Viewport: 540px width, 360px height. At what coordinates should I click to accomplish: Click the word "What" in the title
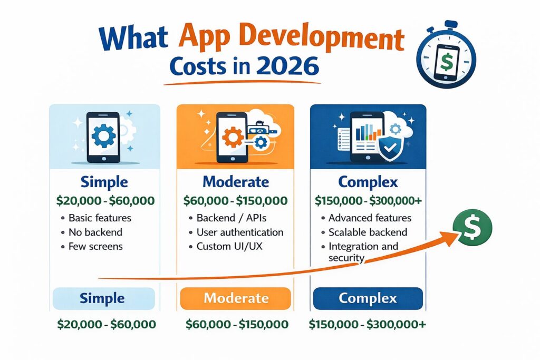(x=133, y=39)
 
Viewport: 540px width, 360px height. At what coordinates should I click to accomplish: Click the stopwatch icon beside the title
(x=446, y=54)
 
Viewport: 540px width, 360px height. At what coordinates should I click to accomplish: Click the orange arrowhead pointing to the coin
(x=450, y=238)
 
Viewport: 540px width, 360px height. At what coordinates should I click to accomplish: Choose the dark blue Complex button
(x=368, y=298)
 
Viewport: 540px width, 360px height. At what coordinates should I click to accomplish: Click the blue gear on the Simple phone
(x=104, y=136)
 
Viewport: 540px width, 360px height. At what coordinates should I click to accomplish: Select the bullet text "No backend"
(x=95, y=232)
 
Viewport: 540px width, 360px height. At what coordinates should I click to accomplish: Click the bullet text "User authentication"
(x=240, y=232)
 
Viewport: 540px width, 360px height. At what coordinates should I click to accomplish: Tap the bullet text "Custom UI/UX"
(x=229, y=247)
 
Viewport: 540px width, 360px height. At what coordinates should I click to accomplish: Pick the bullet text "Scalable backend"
(x=368, y=232)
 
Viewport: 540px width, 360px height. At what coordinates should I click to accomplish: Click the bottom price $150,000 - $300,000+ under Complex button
(x=367, y=324)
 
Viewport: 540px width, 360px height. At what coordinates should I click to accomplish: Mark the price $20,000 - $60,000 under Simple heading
(x=105, y=201)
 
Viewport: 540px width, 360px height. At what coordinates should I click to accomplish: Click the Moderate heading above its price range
(x=236, y=182)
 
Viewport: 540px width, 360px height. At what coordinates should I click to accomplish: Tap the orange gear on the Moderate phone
(x=233, y=137)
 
